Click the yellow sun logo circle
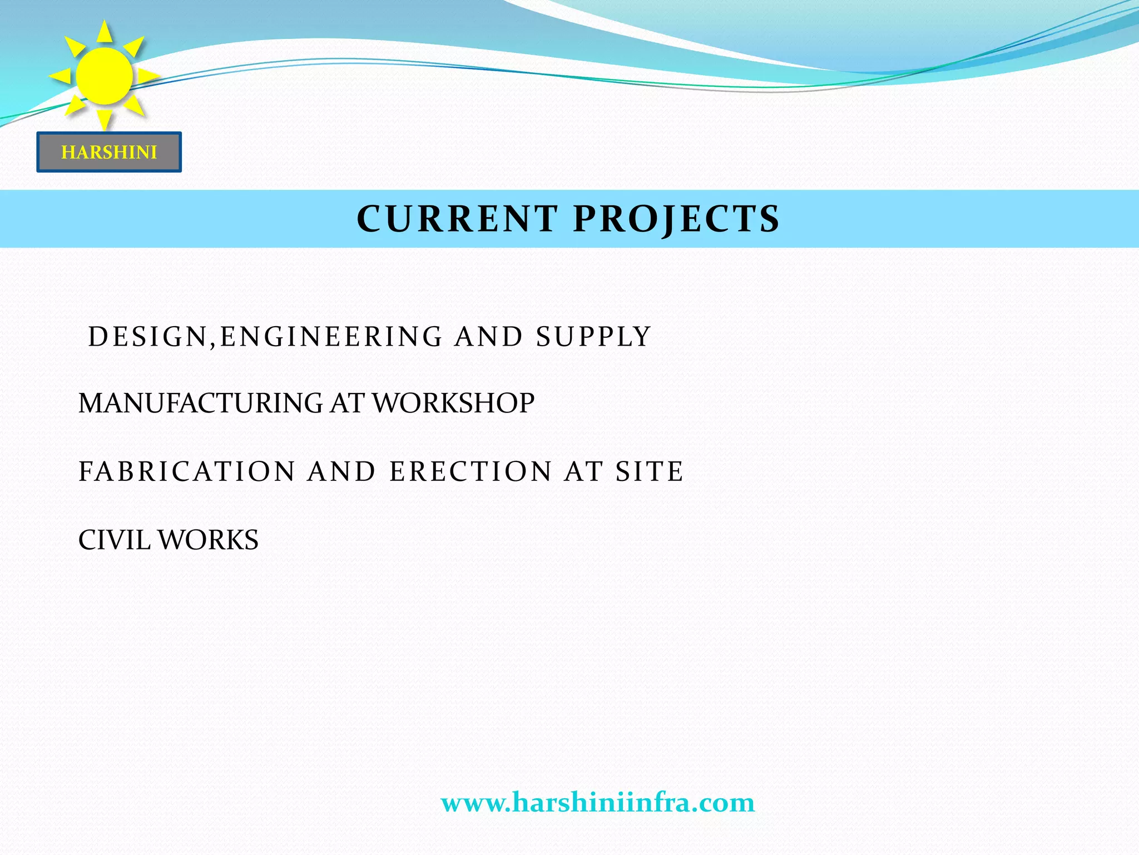point(105,76)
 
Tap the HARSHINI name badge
point(109,152)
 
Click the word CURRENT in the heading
point(457,218)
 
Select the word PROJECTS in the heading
point(676,218)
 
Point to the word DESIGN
point(148,337)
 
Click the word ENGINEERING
point(331,337)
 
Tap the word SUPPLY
point(593,337)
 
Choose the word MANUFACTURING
point(200,403)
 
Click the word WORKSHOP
point(453,403)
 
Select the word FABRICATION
point(187,471)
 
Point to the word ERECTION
point(471,471)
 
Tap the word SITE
point(649,471)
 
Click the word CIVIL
point(114,540)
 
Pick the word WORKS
point(208,540)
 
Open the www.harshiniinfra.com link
point(598,803)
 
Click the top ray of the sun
point(104,33)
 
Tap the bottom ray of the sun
point(104,119)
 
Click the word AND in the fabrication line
point(342,471)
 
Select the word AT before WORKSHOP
point(348,403)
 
